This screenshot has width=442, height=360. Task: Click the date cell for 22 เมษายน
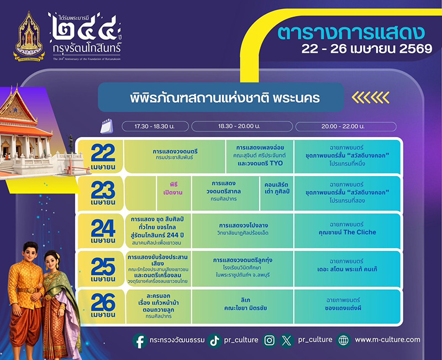tap(101, 156)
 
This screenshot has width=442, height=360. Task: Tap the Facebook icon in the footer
tap(139, 341)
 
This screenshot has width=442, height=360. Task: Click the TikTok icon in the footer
tap(214, 341)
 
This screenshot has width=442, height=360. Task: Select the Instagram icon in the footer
tap(269, 341)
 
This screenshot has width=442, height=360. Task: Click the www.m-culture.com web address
tap(387, 340)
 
